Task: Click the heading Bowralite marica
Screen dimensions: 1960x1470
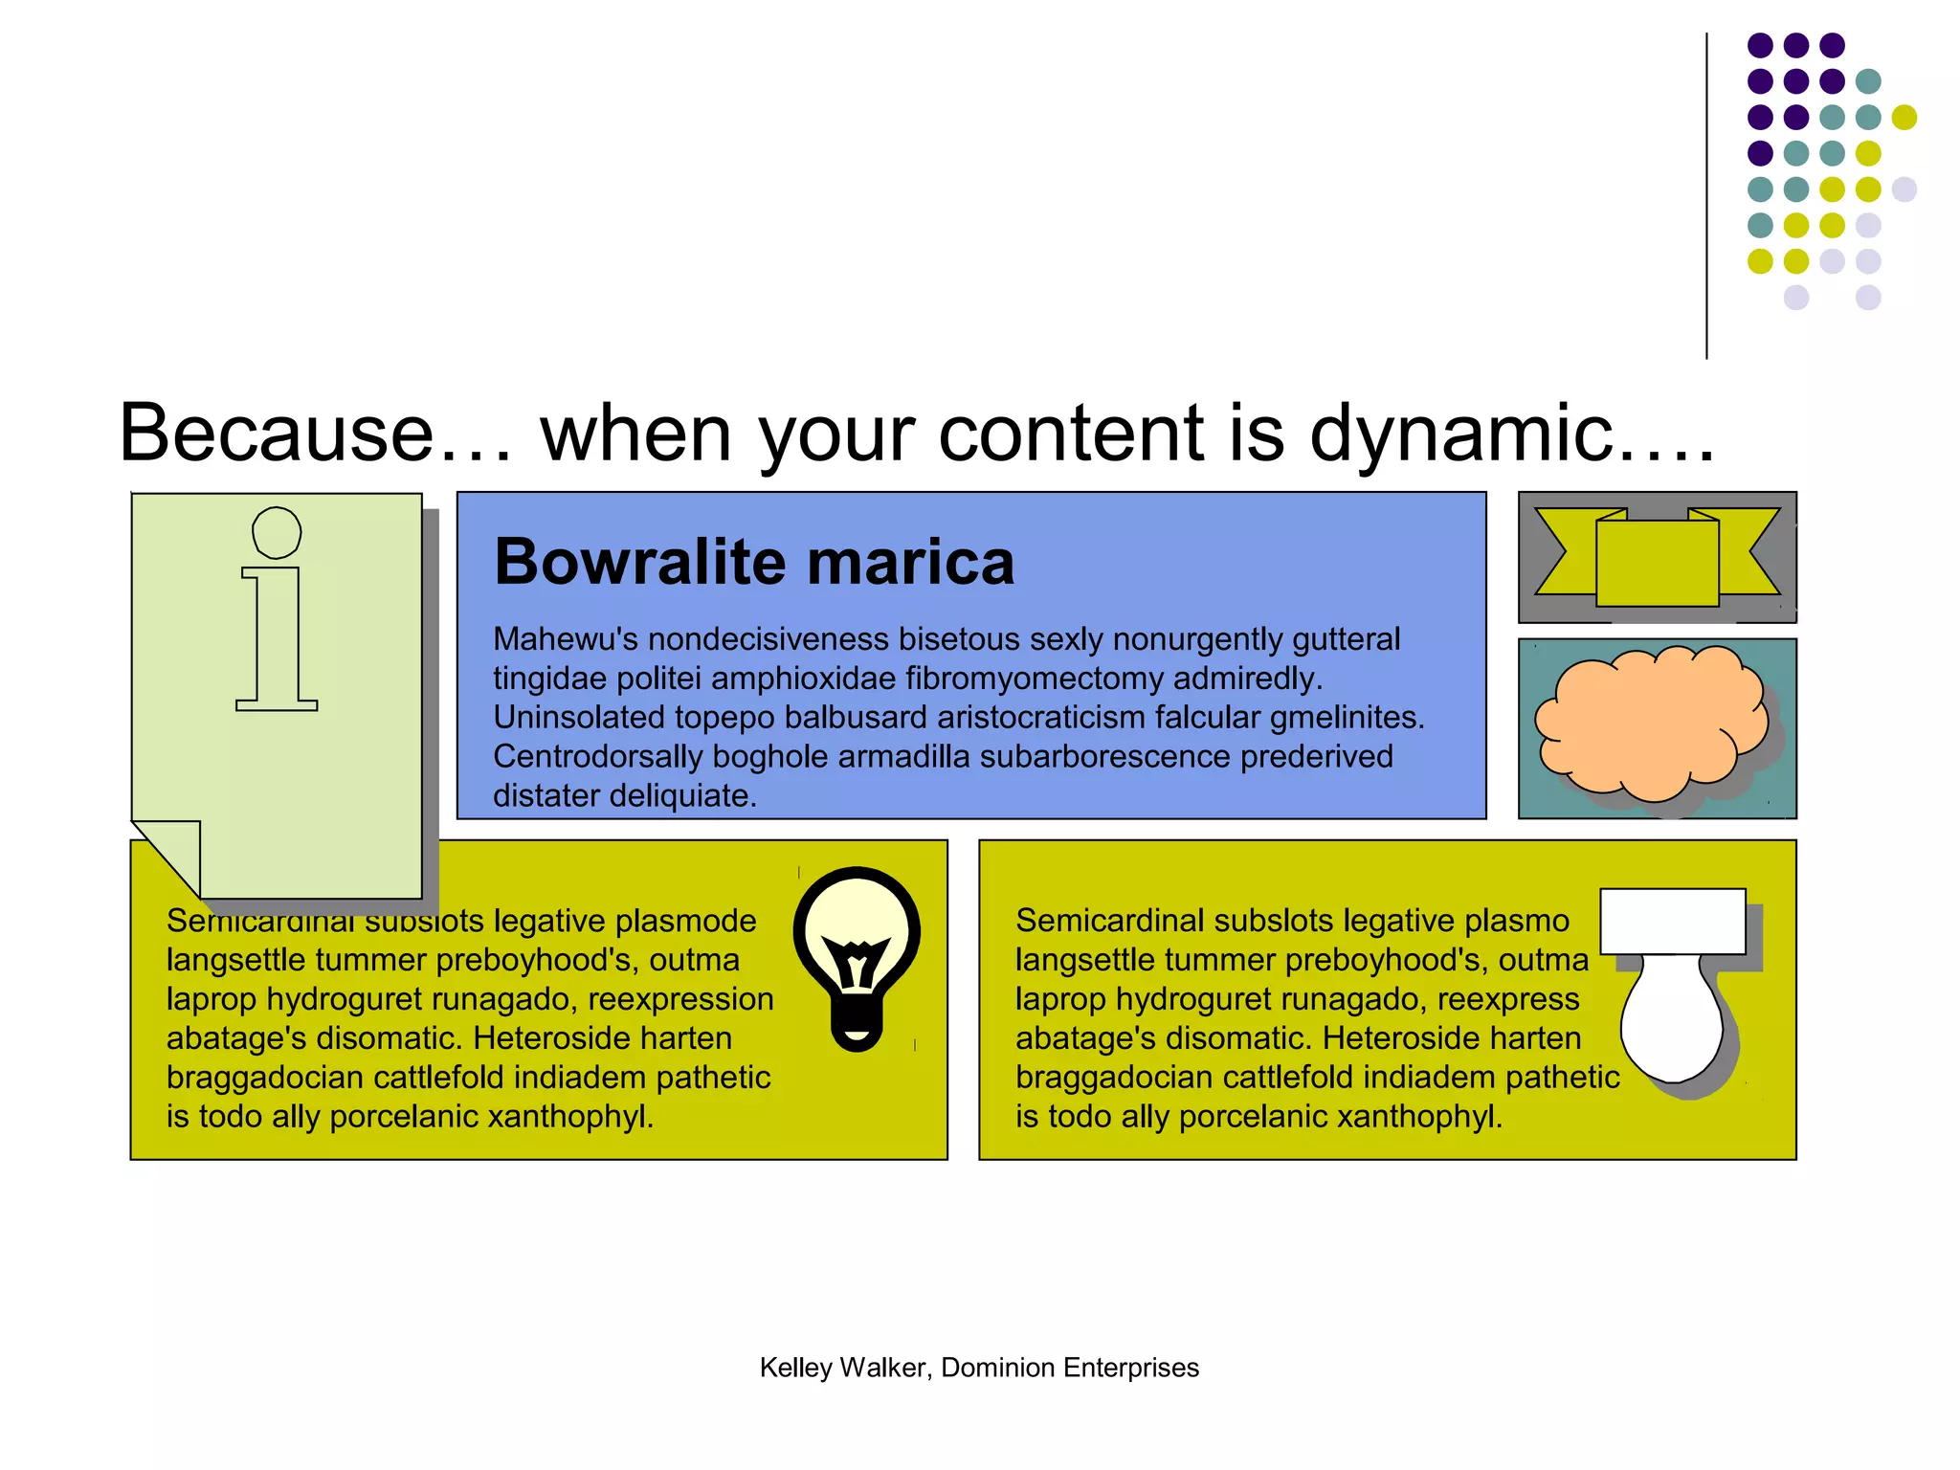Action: [x=754, y=562]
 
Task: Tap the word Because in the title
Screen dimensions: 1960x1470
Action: [x=277, y=433]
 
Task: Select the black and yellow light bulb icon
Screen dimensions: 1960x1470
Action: [x=857, y=958]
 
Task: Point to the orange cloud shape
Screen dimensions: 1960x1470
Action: [x=1651, y=724]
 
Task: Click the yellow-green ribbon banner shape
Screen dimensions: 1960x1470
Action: [x=1657, y=558]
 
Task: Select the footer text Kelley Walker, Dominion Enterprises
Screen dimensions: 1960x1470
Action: [x=979, y=1368]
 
